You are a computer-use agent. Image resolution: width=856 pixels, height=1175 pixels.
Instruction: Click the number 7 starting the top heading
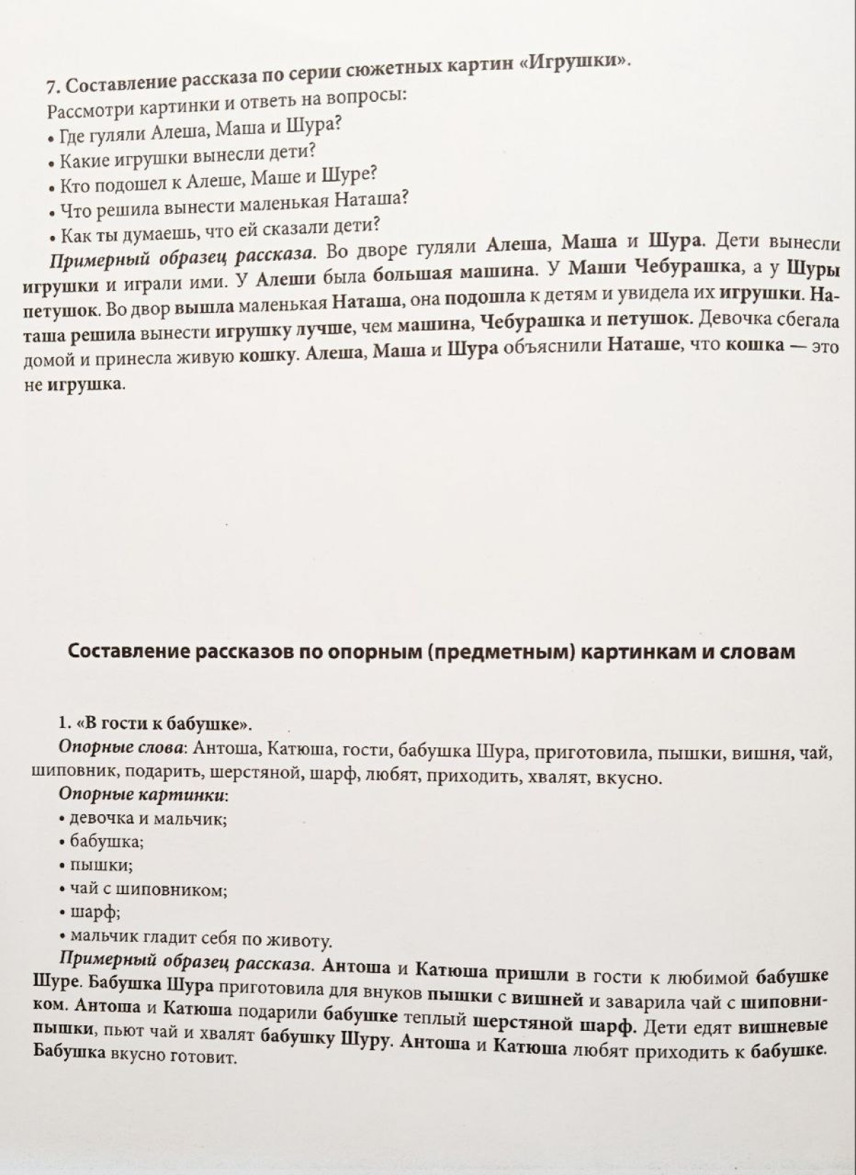click(x=51, y=87)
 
